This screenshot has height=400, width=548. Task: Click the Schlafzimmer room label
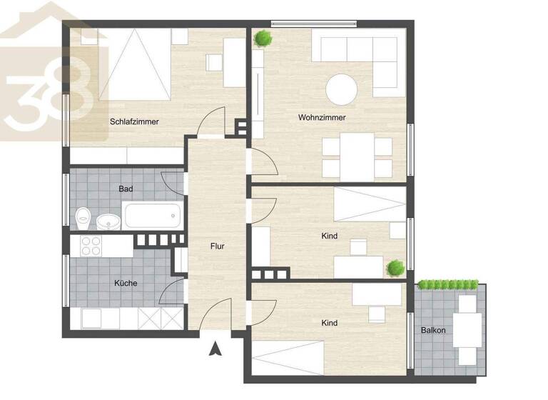[134, 121]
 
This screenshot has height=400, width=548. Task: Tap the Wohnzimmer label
[322, 117]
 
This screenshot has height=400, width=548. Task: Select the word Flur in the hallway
[218, 246]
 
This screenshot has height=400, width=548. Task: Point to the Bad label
[126, 189]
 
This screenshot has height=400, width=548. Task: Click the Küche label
[126, 283]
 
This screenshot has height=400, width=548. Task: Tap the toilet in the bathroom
[83, 216]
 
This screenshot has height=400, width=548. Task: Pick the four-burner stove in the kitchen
[91, 246]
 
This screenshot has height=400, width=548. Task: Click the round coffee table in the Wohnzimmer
[342, 90]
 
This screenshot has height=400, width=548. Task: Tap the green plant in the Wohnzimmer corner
[264, 38]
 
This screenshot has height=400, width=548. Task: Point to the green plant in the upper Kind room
[395, 268]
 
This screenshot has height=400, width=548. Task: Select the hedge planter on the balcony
[447, 285]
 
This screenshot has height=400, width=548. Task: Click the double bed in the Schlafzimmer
[136, 64]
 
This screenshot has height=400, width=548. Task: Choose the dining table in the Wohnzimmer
[357, 157]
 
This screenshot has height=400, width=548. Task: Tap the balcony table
[468, 329]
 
